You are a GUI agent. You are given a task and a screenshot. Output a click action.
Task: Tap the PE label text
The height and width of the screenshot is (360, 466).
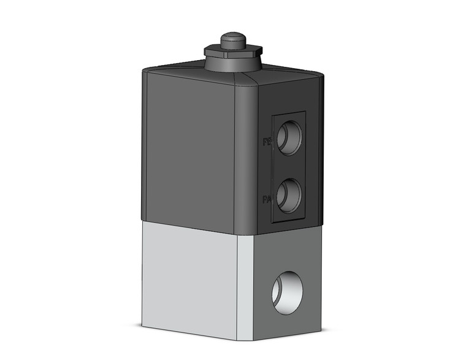(x=267, y=142)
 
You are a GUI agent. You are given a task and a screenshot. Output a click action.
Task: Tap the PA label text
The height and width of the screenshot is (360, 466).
(x=267, y=199)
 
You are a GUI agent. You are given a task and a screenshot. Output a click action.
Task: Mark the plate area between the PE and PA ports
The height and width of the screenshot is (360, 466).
(x=288, y=166)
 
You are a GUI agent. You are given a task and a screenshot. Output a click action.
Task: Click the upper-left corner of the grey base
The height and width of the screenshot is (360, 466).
(x=143, y=221)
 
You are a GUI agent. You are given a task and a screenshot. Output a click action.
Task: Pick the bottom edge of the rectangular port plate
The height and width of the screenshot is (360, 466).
(x=289, y=221)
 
